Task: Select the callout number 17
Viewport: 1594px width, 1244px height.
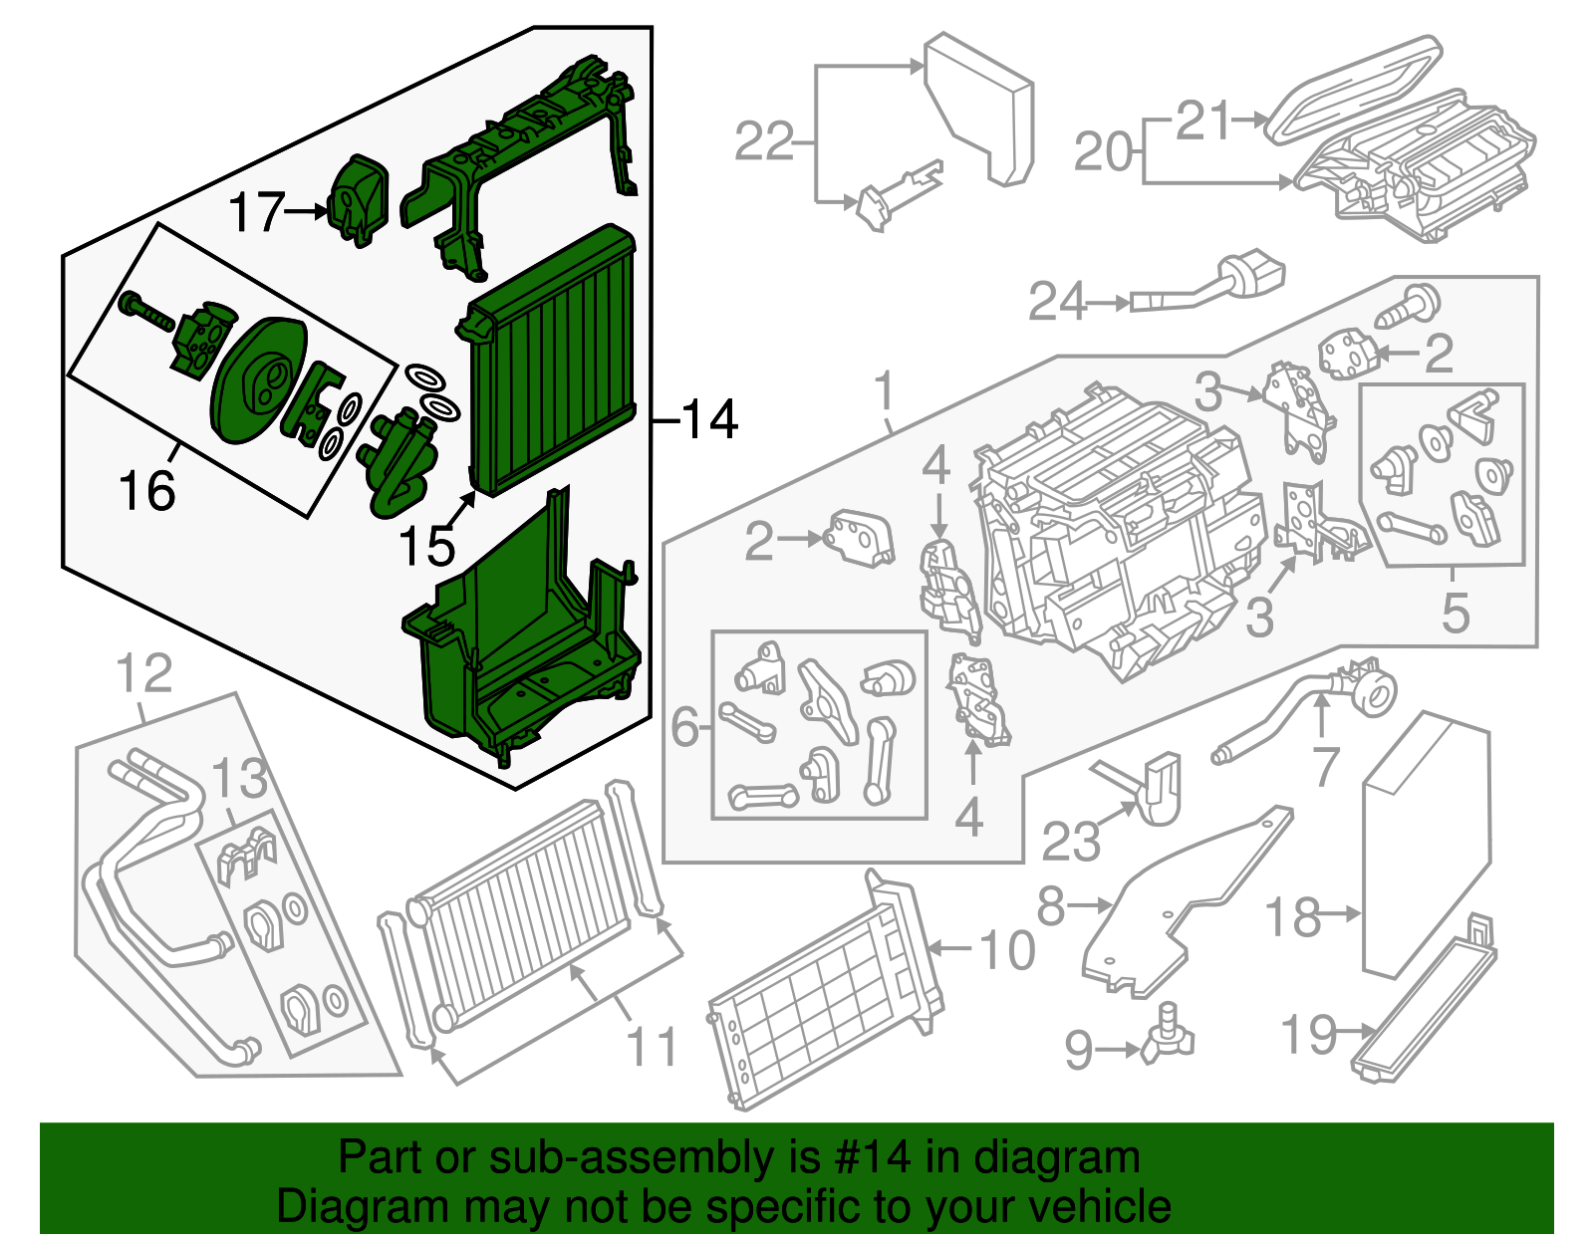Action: (x=257, y=212)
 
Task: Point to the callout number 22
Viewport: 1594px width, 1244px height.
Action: (x=764, y=141)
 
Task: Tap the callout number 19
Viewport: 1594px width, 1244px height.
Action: (x=1307, y=1035)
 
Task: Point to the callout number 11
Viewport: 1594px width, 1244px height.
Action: (x=653, y=1048)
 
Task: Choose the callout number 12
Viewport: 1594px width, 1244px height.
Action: (x=144, y=674)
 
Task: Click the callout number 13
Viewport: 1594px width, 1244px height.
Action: (x=240, y=778)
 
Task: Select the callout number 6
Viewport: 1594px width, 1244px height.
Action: (x=684, y=727)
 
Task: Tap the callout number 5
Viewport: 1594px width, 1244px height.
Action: (x=1455, y=613)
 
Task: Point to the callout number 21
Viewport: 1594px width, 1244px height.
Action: (x=1203, y=122)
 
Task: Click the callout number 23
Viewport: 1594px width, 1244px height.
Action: (x=1071, y=842)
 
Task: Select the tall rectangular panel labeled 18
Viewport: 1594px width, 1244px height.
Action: (x=1426, y=847)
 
